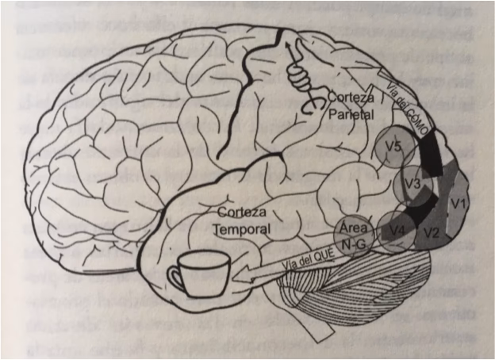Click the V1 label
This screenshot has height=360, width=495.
coord(458,205)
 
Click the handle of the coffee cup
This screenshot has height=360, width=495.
coord(171,278)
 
